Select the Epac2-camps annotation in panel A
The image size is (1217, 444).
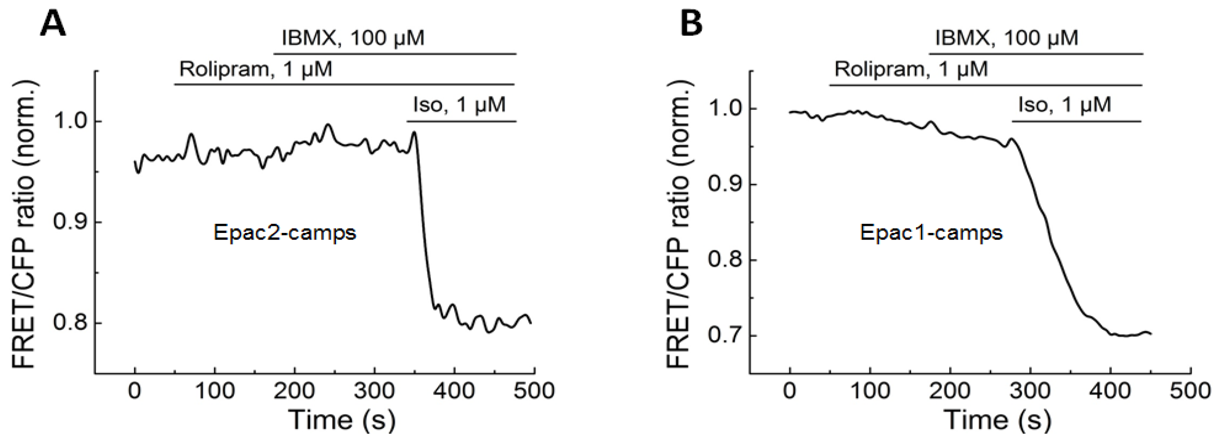pyautogui.click(x=284, y=233)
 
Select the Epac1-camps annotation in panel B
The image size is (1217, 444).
pyautogui.click(x=931, y=233)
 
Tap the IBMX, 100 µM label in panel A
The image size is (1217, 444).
pyautogui.click(x=353, y=38)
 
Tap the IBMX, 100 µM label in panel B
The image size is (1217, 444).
pyautogui.click(x=1006, y=38)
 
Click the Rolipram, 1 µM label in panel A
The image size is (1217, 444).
pyautogui.click(x=256, y=69)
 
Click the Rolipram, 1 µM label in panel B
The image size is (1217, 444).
pyautogui.click(x=911, y=69)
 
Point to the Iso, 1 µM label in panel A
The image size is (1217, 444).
pyautogui.click(x=459, y=104)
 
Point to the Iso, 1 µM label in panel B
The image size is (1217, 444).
pyautogui.click(x=1064, y=104)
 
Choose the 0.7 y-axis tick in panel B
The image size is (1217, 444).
pyautogui.click(x=724, y=336)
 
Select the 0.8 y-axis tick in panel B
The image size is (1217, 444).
pyautogui.click(x=724, y=260)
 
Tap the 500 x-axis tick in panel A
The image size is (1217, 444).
pyautogui.click(x=534, y=391)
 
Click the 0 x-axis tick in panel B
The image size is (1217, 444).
pyautogui.click(x=789, y=391)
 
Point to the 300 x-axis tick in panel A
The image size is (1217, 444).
pyautogui.click(x=374, y=391)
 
